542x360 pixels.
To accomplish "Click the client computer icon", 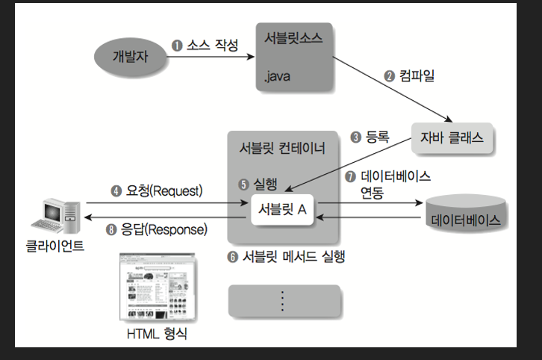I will coord(57,215).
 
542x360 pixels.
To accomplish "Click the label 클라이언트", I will coord(54,246).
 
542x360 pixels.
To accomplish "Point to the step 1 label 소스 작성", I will coord(205,45).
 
